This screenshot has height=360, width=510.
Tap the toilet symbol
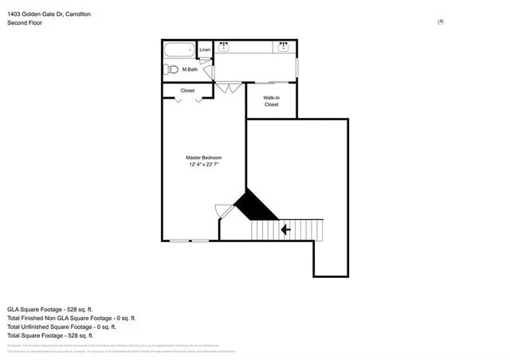(x=169, y=69)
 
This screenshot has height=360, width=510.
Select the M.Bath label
(x=190, y=69)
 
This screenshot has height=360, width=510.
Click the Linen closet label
(x=205, y=49)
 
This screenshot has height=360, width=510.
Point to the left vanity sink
(x=224, y=47)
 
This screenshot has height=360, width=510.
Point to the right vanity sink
(x=284, y=47)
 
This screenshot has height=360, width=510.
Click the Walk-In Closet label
(x=271, y=100)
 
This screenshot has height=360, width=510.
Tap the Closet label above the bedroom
(x=187, y=90)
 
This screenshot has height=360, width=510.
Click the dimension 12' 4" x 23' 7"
(x=203, y=165)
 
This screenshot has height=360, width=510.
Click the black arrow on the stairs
(x=284, y=229)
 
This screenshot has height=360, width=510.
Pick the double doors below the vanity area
(x=228, y=87)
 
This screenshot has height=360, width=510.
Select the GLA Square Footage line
(x=50, y=308)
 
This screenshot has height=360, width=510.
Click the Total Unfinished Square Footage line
(x=61, y=327)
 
